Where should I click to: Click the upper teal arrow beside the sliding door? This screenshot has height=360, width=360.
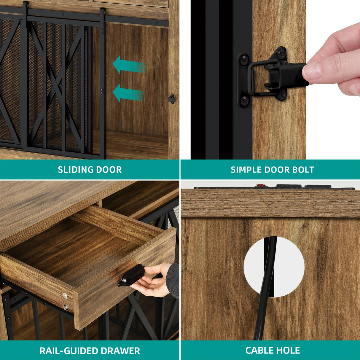point(129,65)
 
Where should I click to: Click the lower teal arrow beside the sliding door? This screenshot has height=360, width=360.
point(129,93)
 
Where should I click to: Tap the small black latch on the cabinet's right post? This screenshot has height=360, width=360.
point(172,99)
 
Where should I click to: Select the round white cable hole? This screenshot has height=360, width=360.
point(274,267)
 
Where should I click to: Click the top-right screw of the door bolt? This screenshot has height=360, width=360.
point(281,52)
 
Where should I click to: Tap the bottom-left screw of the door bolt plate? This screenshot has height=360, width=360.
point(244,101)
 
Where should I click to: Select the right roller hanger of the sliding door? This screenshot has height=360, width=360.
point(102,21)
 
